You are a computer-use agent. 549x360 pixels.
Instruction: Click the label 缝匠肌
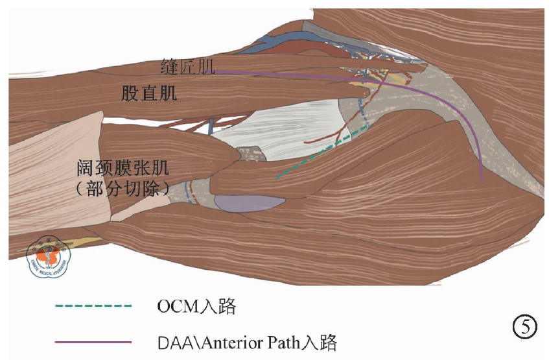188,66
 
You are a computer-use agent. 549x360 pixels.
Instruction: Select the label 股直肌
150,93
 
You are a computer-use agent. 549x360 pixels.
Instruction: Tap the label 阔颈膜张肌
122,171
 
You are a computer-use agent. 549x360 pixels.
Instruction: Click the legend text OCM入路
196,306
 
